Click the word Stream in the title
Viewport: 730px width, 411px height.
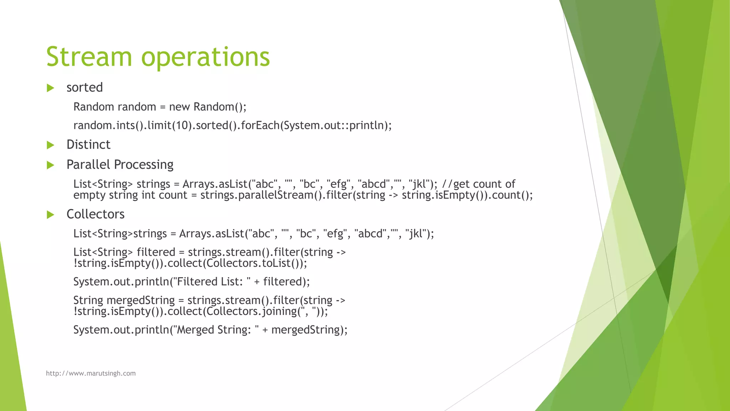(x=89, y=57)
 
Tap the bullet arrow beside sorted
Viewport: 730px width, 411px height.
(x=50, y=88)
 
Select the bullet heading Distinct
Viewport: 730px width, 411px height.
(x=88, y=144)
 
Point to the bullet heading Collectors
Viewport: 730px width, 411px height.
(x=96, y=214)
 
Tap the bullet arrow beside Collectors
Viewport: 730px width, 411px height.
(x=50, y=215)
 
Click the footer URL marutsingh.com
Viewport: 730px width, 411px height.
(x=91, y=373)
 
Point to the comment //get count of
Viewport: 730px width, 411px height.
(x=478, y=184)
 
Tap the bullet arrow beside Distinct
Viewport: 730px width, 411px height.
(x=50, y=145)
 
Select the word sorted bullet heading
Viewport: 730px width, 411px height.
(x=84, y=87)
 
